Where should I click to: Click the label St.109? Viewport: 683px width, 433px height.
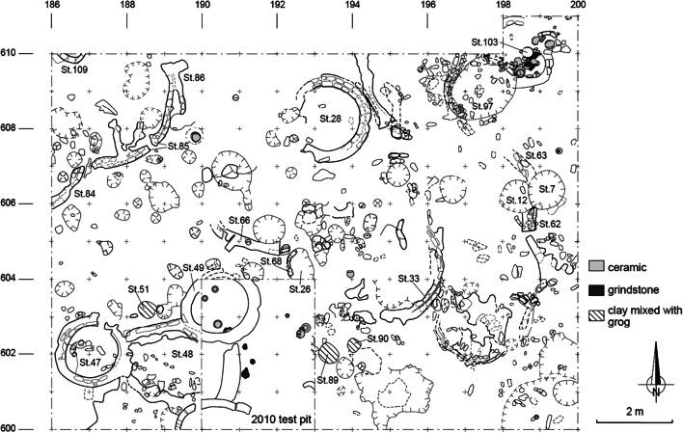(73, 70)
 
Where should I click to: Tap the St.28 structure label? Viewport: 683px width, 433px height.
(329, 119)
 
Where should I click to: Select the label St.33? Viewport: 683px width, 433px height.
(408, 279)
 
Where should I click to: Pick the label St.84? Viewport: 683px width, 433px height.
(84, 195)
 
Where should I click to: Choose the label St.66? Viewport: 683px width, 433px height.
(238, 221)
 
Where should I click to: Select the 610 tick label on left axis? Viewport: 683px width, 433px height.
(14, 53)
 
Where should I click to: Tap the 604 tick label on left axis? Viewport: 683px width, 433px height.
(14, 279)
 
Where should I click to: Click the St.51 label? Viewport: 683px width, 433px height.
(138, 290)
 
